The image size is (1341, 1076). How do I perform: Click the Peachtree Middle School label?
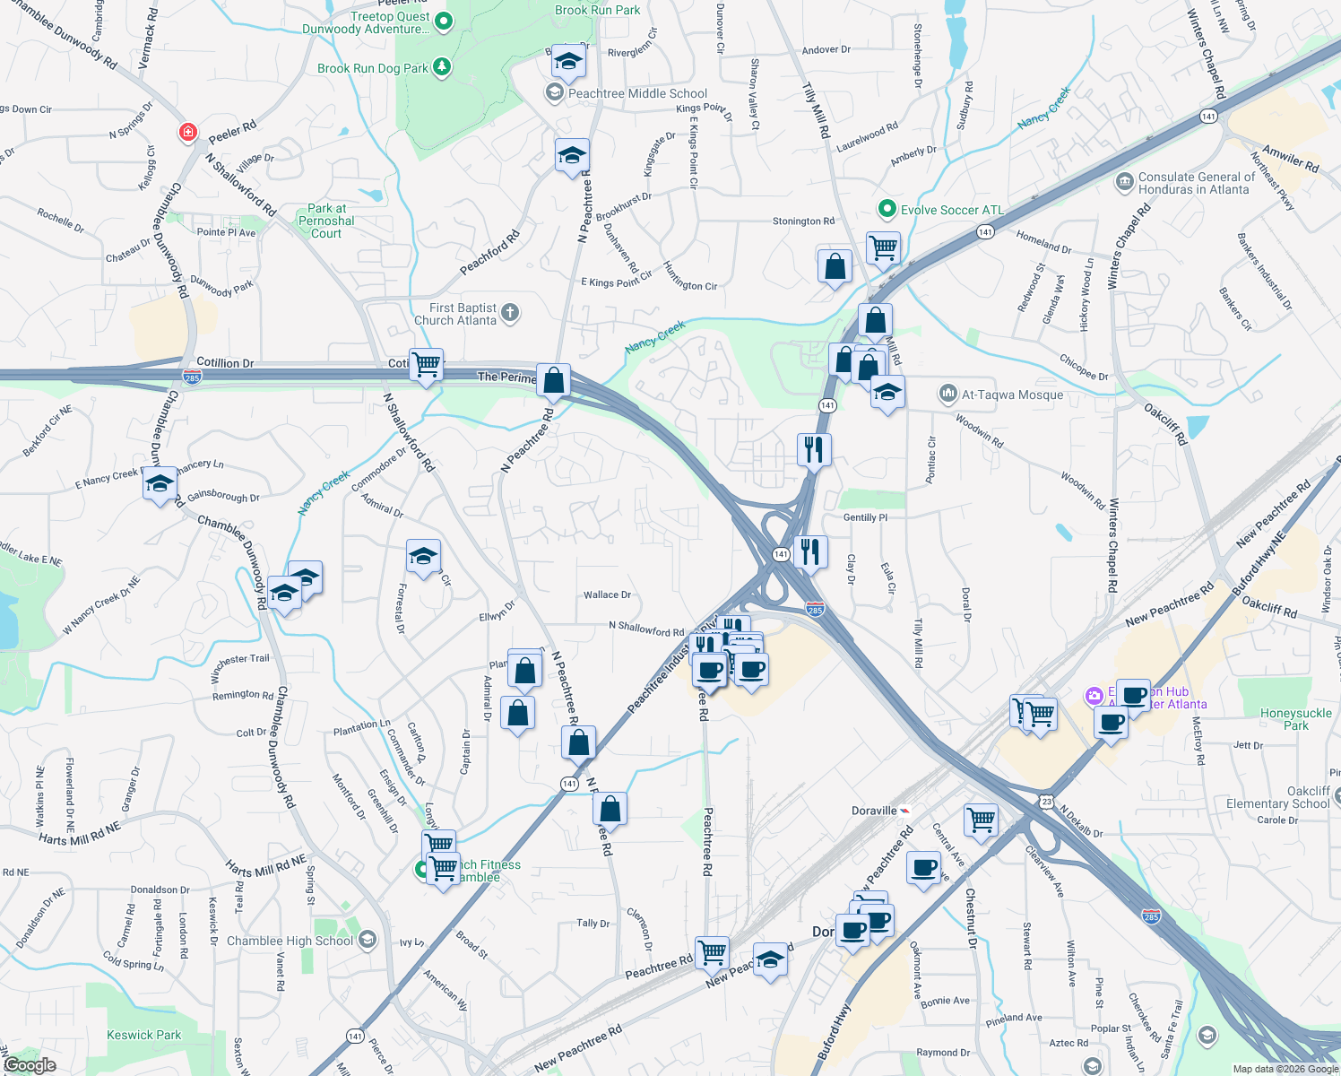click(x=637, y=93)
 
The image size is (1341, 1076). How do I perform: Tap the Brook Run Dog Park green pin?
click(x=441, y=67)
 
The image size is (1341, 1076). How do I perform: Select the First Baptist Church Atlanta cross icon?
click(x=510, y=313)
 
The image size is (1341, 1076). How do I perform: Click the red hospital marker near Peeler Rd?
click(x=187, y=133)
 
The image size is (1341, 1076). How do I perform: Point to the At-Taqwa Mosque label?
click(x=1012, y=395)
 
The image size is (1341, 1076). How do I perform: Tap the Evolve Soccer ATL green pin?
click(x=887, y=209)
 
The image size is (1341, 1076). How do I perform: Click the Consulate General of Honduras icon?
click(x=1124, y=183)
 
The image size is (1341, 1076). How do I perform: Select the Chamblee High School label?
click(x=290, y=941)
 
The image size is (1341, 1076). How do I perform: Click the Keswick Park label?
click(x=143, y=1035)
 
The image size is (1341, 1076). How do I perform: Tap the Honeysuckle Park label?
click(x=1295, y=719)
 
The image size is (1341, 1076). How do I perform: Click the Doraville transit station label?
click(x=874, y=811)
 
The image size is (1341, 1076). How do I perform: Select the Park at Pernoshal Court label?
click(x=326, y=221)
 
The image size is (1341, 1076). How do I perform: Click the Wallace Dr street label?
click(x=607, y=594)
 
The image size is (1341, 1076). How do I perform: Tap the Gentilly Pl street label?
click(x=865, y=517)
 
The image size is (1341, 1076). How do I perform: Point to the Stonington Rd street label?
click(x=803, y=221)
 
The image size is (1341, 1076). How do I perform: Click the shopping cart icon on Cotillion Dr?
click(x=427, y=364)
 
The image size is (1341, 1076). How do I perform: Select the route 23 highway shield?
click(x=1046, y=801)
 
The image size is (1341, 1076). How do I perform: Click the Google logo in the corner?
click(x=30, y=1065)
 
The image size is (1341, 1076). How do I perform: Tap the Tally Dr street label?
click(x=593, y=923)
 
